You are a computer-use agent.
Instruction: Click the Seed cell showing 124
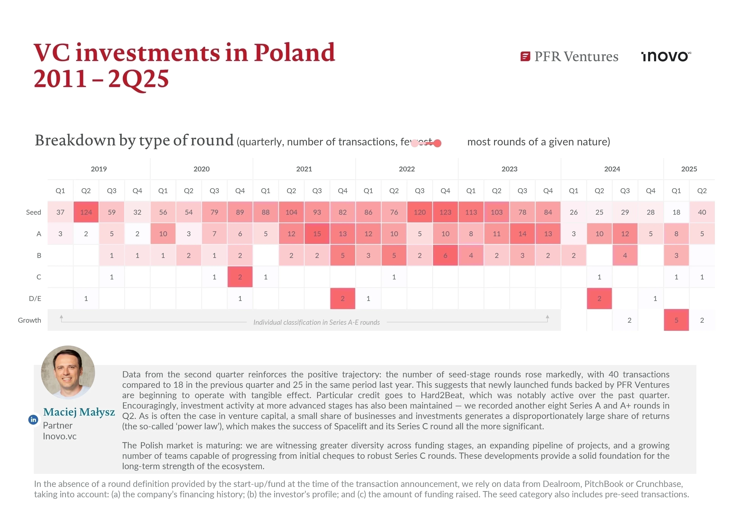(x=86, y=212)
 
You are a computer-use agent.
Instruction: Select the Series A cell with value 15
(x=317, y=234)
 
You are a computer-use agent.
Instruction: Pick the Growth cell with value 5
(x=676, y=320)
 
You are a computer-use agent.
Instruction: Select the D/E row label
(x=35, y=299)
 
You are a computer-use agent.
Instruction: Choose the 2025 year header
(x=689, y=169)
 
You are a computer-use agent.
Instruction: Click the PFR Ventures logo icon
(x=525, y=57)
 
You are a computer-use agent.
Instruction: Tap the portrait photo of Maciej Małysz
(x=68, y=372)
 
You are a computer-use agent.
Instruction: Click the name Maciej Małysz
(x=79, y=412)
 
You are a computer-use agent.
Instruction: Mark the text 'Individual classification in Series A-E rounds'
(x=316, y=322)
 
